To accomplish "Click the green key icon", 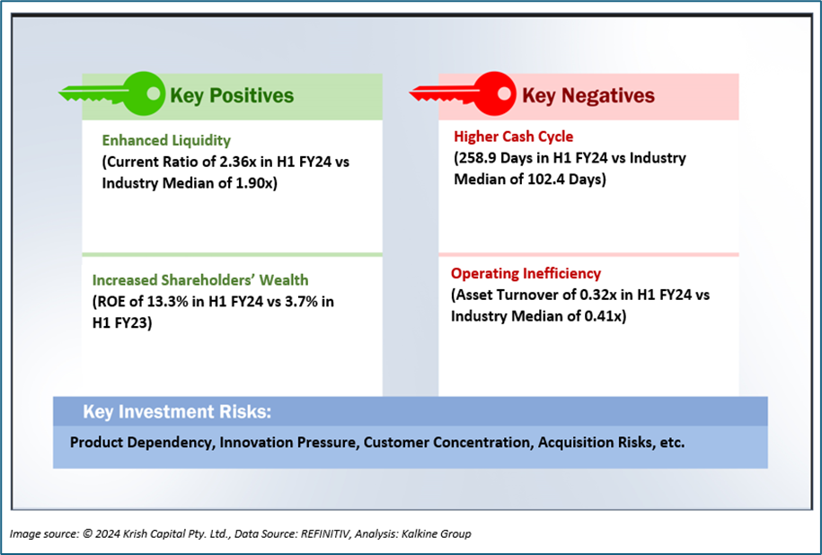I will (x=112, y=93).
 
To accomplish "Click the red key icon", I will (x=462, y=93).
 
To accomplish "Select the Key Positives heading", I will (x=232, y=95).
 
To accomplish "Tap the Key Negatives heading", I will (x=588, y=95).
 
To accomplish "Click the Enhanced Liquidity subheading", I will (x=166, y=140).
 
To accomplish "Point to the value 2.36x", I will (x=255, y=163).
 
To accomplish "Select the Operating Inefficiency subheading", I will (x=526, y=273).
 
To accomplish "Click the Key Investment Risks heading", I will (x=176, y=412).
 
